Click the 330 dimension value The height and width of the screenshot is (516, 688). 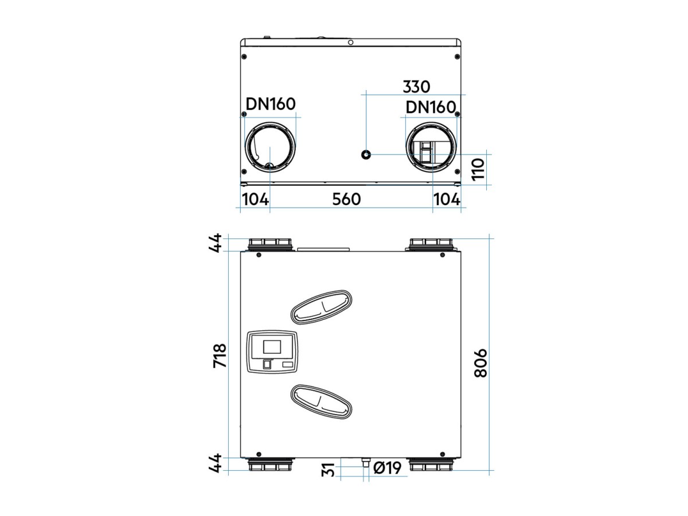(416, 87)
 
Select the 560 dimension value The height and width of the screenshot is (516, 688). (346, 200)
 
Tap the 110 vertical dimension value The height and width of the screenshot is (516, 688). (478, 169)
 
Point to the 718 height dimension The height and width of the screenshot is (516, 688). (220, 355)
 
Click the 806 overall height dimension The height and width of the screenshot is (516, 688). (480, 363)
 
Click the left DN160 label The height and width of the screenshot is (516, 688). (271, 104)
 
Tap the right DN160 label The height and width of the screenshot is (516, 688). (431, 107)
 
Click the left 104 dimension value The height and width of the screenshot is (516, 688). (256, 200)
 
